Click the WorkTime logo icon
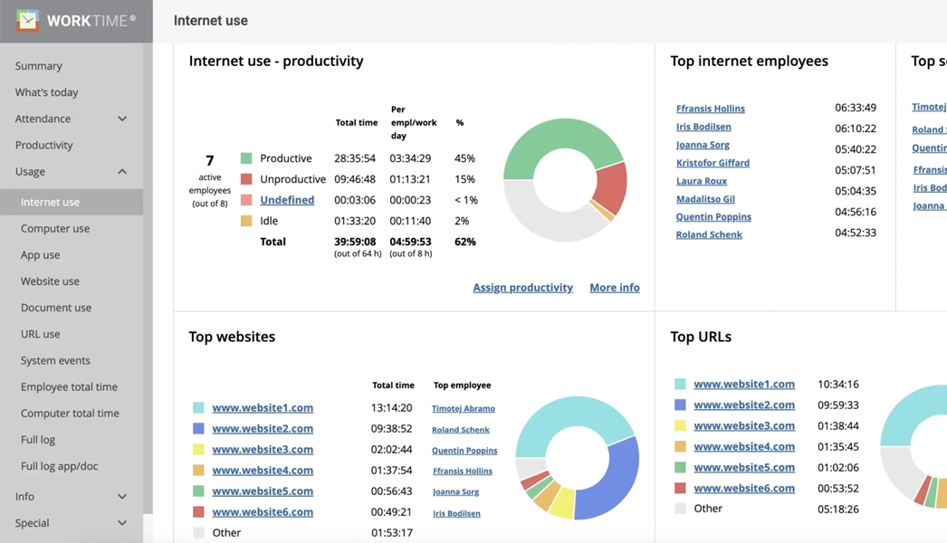pos(27,20)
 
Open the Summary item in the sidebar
pos(39,66)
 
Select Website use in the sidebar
pos(50,281)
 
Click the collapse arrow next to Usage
pos(122,172)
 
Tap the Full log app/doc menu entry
pos(59,466)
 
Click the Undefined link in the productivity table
pos(287,200)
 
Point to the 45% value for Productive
pos(464,158)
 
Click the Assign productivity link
pos(522,288)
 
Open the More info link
pos(614,288)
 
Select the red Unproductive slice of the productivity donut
pos(611,186)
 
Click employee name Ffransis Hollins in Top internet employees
pos(710,109)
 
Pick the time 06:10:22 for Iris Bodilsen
pos(855,129)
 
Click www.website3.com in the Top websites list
pos(263,450)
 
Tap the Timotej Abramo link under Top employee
pos(463,409)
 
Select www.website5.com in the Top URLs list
pos(743,468)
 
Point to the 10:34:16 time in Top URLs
pos(837,385)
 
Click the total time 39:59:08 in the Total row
pos(356,242)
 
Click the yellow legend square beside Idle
pos(246,221)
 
